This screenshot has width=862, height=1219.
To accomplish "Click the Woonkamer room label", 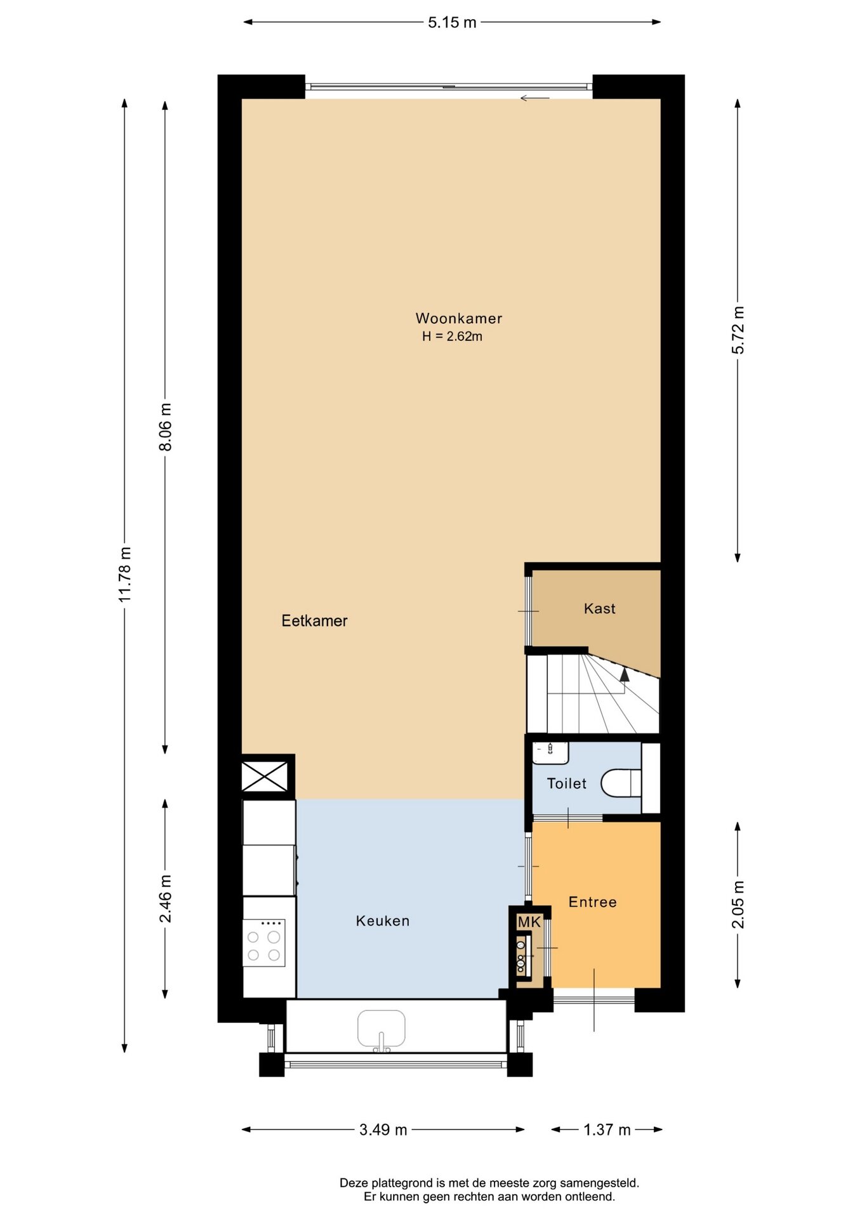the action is pyautogui.click(x=459, y=318).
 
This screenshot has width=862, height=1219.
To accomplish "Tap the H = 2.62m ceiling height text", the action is pyautogui.click(x=452, y=336).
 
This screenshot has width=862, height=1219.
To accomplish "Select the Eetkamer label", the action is pyautogui.click(x=314, y=620).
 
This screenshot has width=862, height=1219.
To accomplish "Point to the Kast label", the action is pyautogui.click(x=599, y=608).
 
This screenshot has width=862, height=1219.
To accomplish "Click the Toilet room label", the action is pyautogui.click(x=567, y=783).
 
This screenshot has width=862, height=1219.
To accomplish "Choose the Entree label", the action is pyautogui.click(x=592, y=902).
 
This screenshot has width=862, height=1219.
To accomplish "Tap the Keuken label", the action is pyautogui.click(x=382, y=921).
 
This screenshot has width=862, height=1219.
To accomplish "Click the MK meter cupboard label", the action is pyautogui.click(x=529, y=922).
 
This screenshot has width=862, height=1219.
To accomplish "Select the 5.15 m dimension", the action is pyautogui.click(x=452, y=22).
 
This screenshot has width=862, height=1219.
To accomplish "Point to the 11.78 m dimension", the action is pyautogui.click(x=124, y=574).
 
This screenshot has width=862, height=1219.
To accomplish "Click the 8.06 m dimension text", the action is pyautogui.click(x=165, y=427).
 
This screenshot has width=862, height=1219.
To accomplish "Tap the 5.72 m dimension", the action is pyautogui.click(x=738, y=330).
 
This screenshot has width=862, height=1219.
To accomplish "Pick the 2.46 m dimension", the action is pyautogui.click(x=165, y=898).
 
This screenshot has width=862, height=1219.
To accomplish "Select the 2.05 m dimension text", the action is pyautogui.click(x=738, y=904).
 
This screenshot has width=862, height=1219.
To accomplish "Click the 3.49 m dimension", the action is pyautogui.click(x=383, y=1129).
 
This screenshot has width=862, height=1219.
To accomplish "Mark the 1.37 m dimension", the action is pyautogui.click(x=607, y=1129).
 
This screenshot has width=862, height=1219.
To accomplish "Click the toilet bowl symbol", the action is pyautogui.click(x=621, y=783).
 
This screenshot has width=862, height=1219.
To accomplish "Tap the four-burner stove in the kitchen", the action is pyautogui.click(x=264, y=943).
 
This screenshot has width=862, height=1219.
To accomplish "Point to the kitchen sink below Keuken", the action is pyautogui.click(x=381, y=1029).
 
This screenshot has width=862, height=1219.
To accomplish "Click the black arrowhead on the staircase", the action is pyautogui.click(x=625, y=674).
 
